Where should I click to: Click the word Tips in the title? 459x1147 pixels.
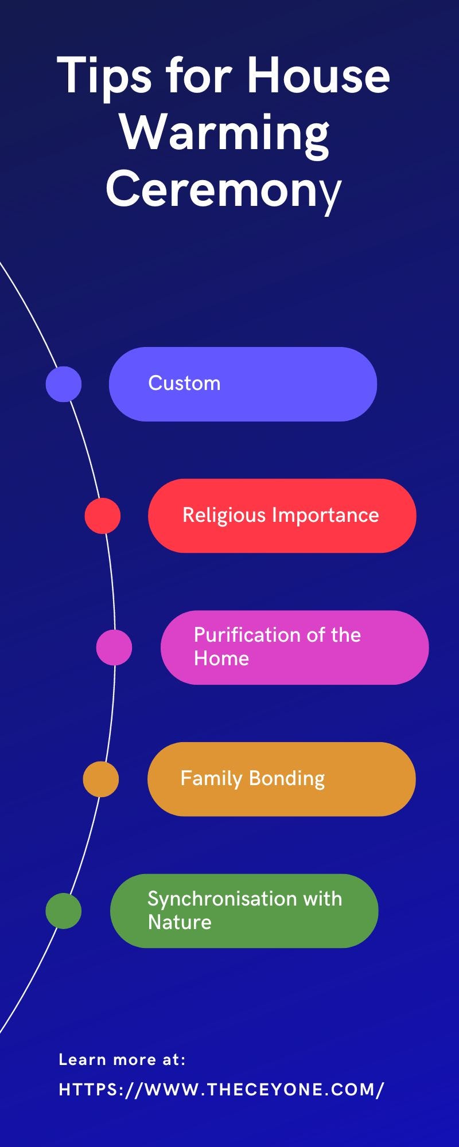[x=104, y=76]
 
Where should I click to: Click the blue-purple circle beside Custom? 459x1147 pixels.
[x=64, y=384]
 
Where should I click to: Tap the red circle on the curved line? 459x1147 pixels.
[x=103, y=516]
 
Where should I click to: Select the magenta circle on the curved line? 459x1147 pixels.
[x=114, y=647]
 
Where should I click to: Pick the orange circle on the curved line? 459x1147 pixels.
[x=101, y=779]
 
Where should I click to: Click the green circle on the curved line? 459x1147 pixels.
[x=64, y=911]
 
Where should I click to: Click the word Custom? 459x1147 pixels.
[x=184, y=383]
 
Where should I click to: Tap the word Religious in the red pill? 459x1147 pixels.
[x=224, y=516]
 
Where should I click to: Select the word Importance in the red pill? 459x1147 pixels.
[x=325, y=515]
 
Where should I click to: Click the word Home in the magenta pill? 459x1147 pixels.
[x=221, y=658]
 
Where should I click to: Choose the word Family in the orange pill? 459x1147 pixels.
[x=212, y=779]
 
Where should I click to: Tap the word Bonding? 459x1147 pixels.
[x=287, y=779]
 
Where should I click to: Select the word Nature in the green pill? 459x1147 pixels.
[x=180, y=922]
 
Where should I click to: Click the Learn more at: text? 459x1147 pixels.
[x=122, y=1060]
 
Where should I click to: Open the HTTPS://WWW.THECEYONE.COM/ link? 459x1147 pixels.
[x=221, y=1090]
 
